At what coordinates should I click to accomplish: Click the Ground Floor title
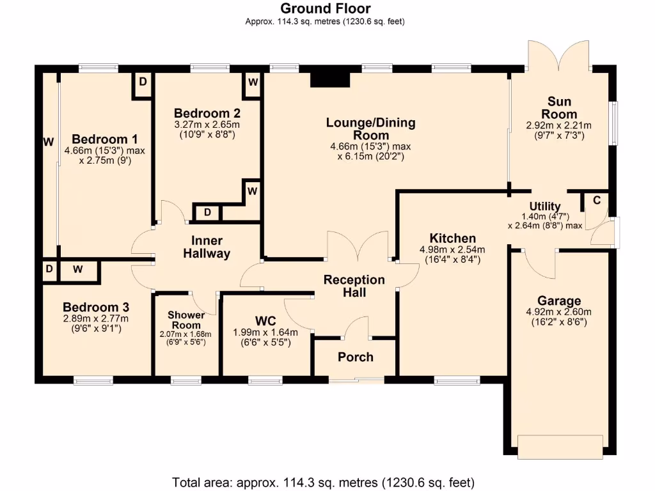click(325, 8)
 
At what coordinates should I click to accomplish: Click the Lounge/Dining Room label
click(370, 129)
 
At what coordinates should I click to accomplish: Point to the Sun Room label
click(559, 107)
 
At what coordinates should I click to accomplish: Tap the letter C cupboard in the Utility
click(596, 200)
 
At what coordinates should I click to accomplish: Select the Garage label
click(559, 300)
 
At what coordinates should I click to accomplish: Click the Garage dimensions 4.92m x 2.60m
click(559, 312)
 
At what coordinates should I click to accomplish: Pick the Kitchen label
click(452, 238)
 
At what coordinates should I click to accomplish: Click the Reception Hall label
click(354, 286)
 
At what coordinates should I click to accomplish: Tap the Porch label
click(355, 357)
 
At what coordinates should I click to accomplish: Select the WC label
click(265, 320)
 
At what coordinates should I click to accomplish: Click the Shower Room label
click(185, 320)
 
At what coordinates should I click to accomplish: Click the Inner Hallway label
click(207, 247)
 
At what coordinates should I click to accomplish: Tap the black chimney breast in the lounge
click(330, 79)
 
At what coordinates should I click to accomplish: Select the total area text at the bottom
click(323, 481)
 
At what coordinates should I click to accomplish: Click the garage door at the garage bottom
click(560, 446)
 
